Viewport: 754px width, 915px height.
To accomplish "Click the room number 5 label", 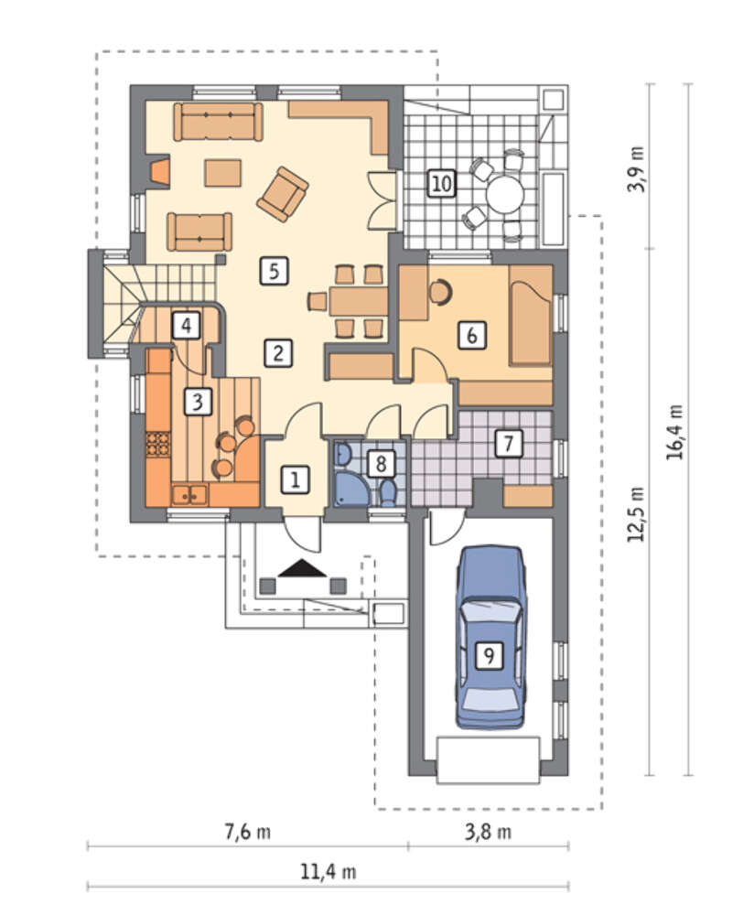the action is point(275,272).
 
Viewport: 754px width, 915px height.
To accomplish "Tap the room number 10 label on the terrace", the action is point(441,183).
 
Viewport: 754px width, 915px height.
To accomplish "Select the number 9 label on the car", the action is point(489,655).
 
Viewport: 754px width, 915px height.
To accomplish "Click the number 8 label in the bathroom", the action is point(381,464).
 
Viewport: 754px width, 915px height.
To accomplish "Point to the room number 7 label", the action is point(508,443).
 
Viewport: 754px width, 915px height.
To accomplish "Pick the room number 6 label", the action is point(471,335).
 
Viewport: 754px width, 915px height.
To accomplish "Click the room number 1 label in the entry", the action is point(296,479).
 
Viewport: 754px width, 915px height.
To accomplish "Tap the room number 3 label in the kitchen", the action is point(198,402).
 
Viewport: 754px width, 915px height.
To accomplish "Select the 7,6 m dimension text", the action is point(248,831).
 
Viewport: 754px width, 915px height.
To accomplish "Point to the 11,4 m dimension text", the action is point(328,872).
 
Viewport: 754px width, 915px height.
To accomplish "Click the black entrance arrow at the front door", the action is point(302,568).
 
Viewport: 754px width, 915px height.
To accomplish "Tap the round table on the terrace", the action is point(505,194).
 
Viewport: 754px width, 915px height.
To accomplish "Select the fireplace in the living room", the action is point(158,172).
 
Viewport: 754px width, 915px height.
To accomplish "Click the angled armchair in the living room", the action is point(283,194).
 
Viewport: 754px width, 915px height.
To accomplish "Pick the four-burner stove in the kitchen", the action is point(157,443).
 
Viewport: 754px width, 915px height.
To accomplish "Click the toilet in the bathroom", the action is point(388,492).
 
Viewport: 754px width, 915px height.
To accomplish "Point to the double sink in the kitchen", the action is point(189,495).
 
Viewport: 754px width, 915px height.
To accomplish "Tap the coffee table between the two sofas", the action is point(223,173).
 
